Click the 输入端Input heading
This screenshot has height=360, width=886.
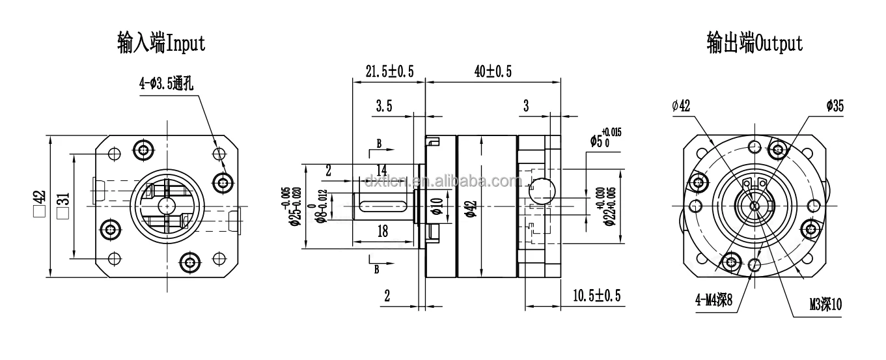(161, 44)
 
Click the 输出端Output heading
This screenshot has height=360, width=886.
(754, 44)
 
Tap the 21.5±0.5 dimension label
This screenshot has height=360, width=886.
(389, 72)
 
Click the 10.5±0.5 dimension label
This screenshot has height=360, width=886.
(596, 296)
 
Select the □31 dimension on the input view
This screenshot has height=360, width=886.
(64, 205)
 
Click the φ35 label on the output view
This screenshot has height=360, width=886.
(835, 106)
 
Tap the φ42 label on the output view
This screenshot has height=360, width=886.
(680, 106)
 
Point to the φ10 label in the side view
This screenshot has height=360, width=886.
(437, 207)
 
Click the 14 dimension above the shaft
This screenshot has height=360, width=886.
(381, 169)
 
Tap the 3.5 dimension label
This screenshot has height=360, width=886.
(384, 107)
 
